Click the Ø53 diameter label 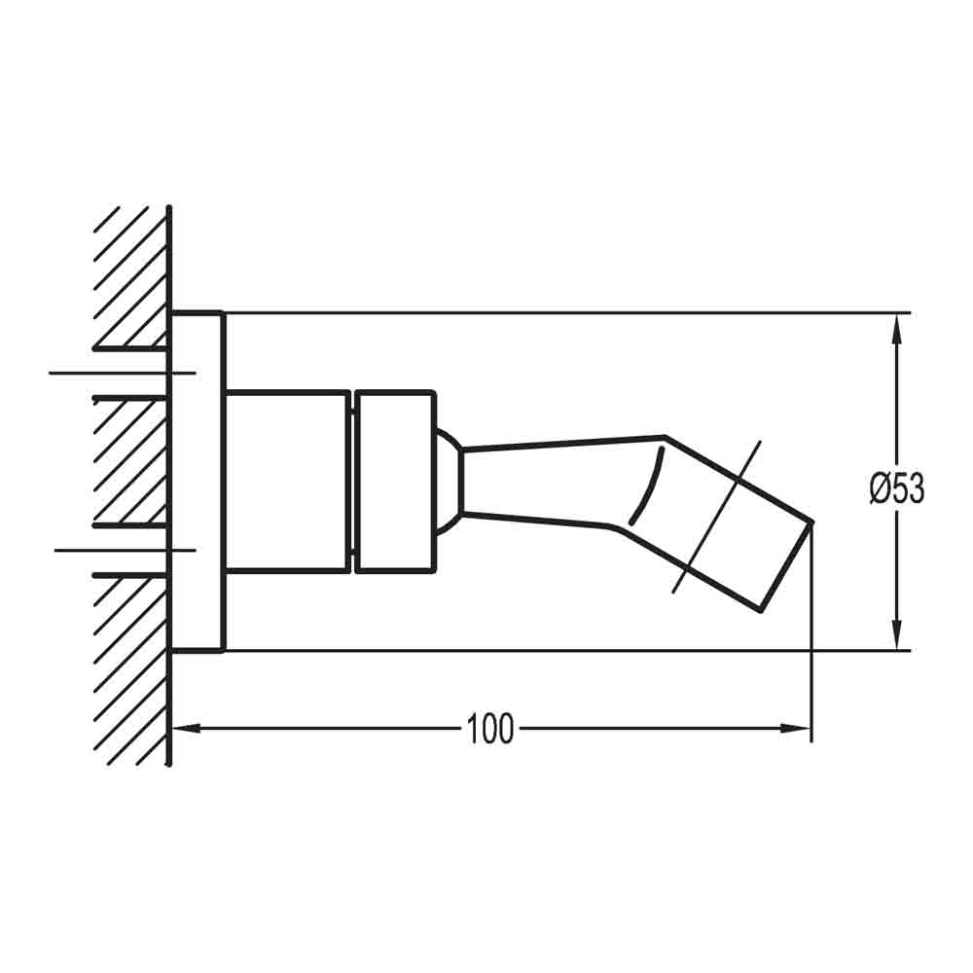pyautogui.click(x=896, y=487)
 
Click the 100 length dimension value pyautogui.click(x=489, y=728)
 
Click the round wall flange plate pyautogui.click(x=198, y=482)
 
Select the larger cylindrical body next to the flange pyautogui.click(x=287, y=481)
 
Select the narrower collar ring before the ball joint pyautogui.click(x=394, y=481)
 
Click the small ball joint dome pyautogui.click(x=447, y=481)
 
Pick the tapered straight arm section pyautogui.click(x=545, y=481)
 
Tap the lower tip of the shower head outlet pyautogui.click(x=761, y=610)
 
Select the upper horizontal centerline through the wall pyautogui.click(x=122, y=373)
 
